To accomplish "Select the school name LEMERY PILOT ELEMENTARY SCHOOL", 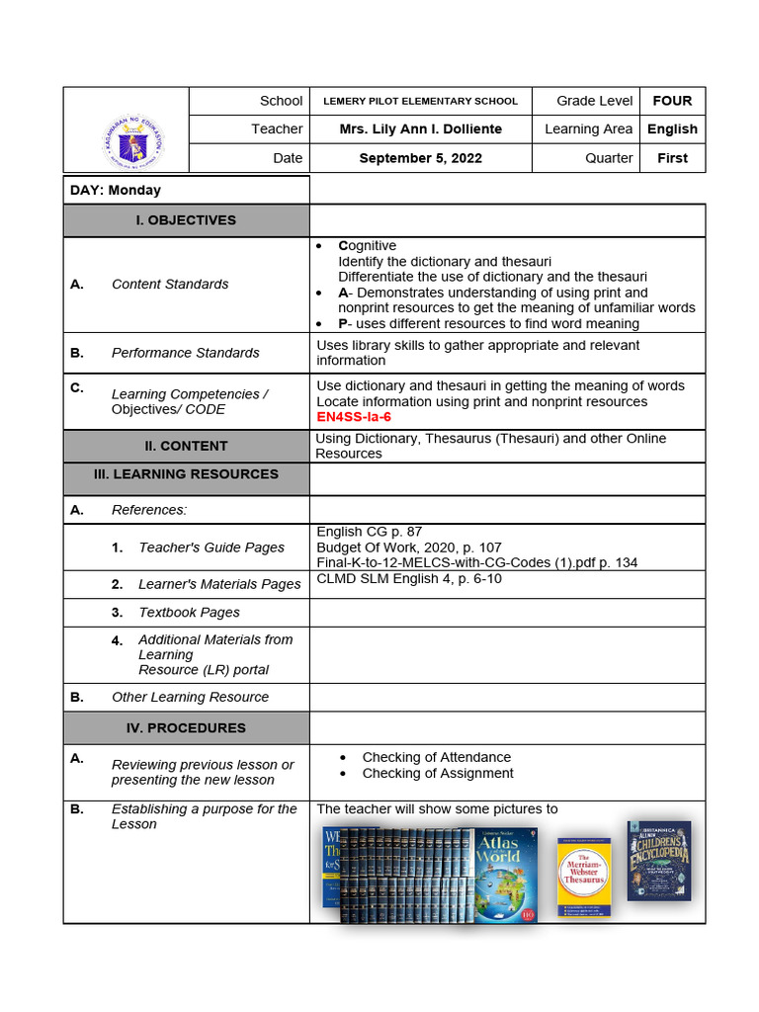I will pyautogui.click(x=420, y=101).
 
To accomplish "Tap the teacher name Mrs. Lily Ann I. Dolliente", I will pyautogui.click(x=420, y=129).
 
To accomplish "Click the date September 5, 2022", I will pyautogui.click(x=420, y=158).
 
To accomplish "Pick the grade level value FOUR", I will pyautogui.click(x=672, y=101).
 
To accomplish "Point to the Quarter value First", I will pyautogui.click(x=672, y=158).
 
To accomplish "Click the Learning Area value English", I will pyautogui.click(x=672, y=129).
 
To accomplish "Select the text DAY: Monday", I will pyautogui.click(x=116, y=190).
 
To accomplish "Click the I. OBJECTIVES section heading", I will pyautogui.click(x=186, y=220).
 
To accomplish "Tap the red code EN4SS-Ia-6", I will pyautogui.click(x=355, y=417).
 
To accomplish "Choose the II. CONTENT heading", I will pyautogui.click(x=186, y=446).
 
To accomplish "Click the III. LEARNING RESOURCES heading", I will pyautogui.click(x=186, y=474).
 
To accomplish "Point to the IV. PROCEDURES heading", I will pyautogui.click(x=186, y=728).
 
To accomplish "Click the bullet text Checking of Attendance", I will pyautogui.click(x=436, y=757).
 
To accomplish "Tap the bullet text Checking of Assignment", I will pyautogui.click(x=438, y=773).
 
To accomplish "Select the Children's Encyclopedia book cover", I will pyautogui.click(x=658, y=860).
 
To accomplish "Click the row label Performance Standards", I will pyautogui.click(x=185, y=353).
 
